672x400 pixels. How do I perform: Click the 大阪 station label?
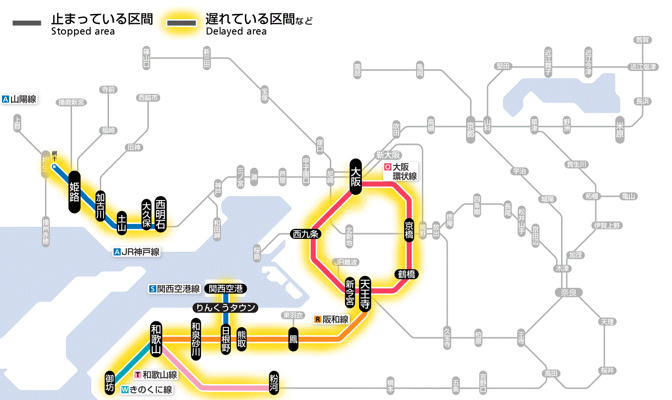356,176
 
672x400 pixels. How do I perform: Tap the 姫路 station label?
74,192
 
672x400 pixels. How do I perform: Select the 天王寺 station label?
364,294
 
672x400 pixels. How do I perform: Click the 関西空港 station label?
226,289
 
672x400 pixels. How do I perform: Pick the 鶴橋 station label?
407,274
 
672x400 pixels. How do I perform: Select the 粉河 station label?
275,382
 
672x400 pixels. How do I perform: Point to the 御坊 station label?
110,382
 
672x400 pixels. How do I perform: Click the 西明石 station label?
160,214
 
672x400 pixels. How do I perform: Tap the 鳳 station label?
293,339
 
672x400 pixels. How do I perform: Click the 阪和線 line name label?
335,319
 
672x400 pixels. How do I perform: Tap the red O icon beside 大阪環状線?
387,167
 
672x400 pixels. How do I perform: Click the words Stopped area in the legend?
83,32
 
